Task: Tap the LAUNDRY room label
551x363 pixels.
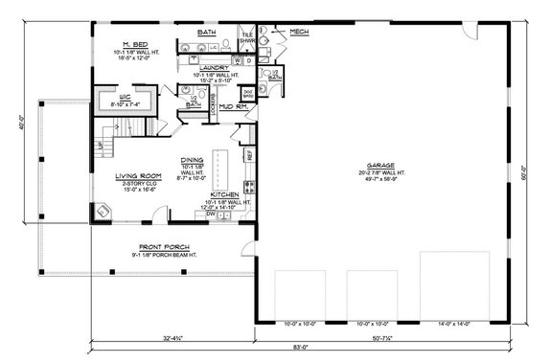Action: click(221, 67)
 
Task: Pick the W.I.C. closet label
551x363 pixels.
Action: click(111, 96)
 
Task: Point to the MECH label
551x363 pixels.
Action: click(298, 32)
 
